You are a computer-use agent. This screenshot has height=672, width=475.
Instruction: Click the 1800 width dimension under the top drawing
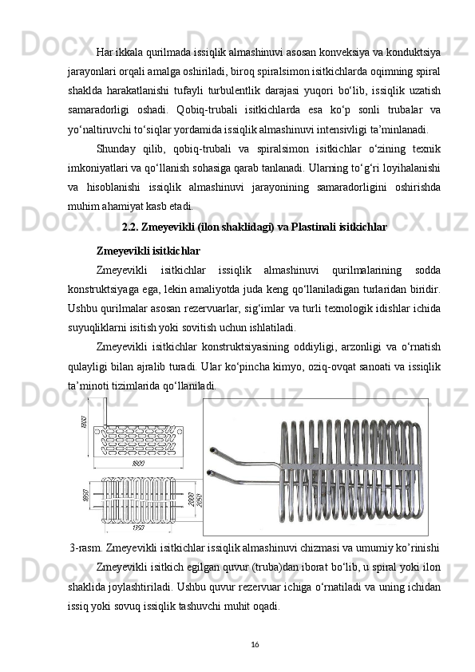coord(138,463)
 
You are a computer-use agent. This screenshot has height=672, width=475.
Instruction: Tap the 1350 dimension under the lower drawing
coord(138,528)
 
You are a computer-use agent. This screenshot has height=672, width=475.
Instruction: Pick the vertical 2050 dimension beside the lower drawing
coord(200,500)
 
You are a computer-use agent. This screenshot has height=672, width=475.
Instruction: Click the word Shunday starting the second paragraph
coord(117,148)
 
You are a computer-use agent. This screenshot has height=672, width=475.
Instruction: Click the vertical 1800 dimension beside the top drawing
coord(85,421)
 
